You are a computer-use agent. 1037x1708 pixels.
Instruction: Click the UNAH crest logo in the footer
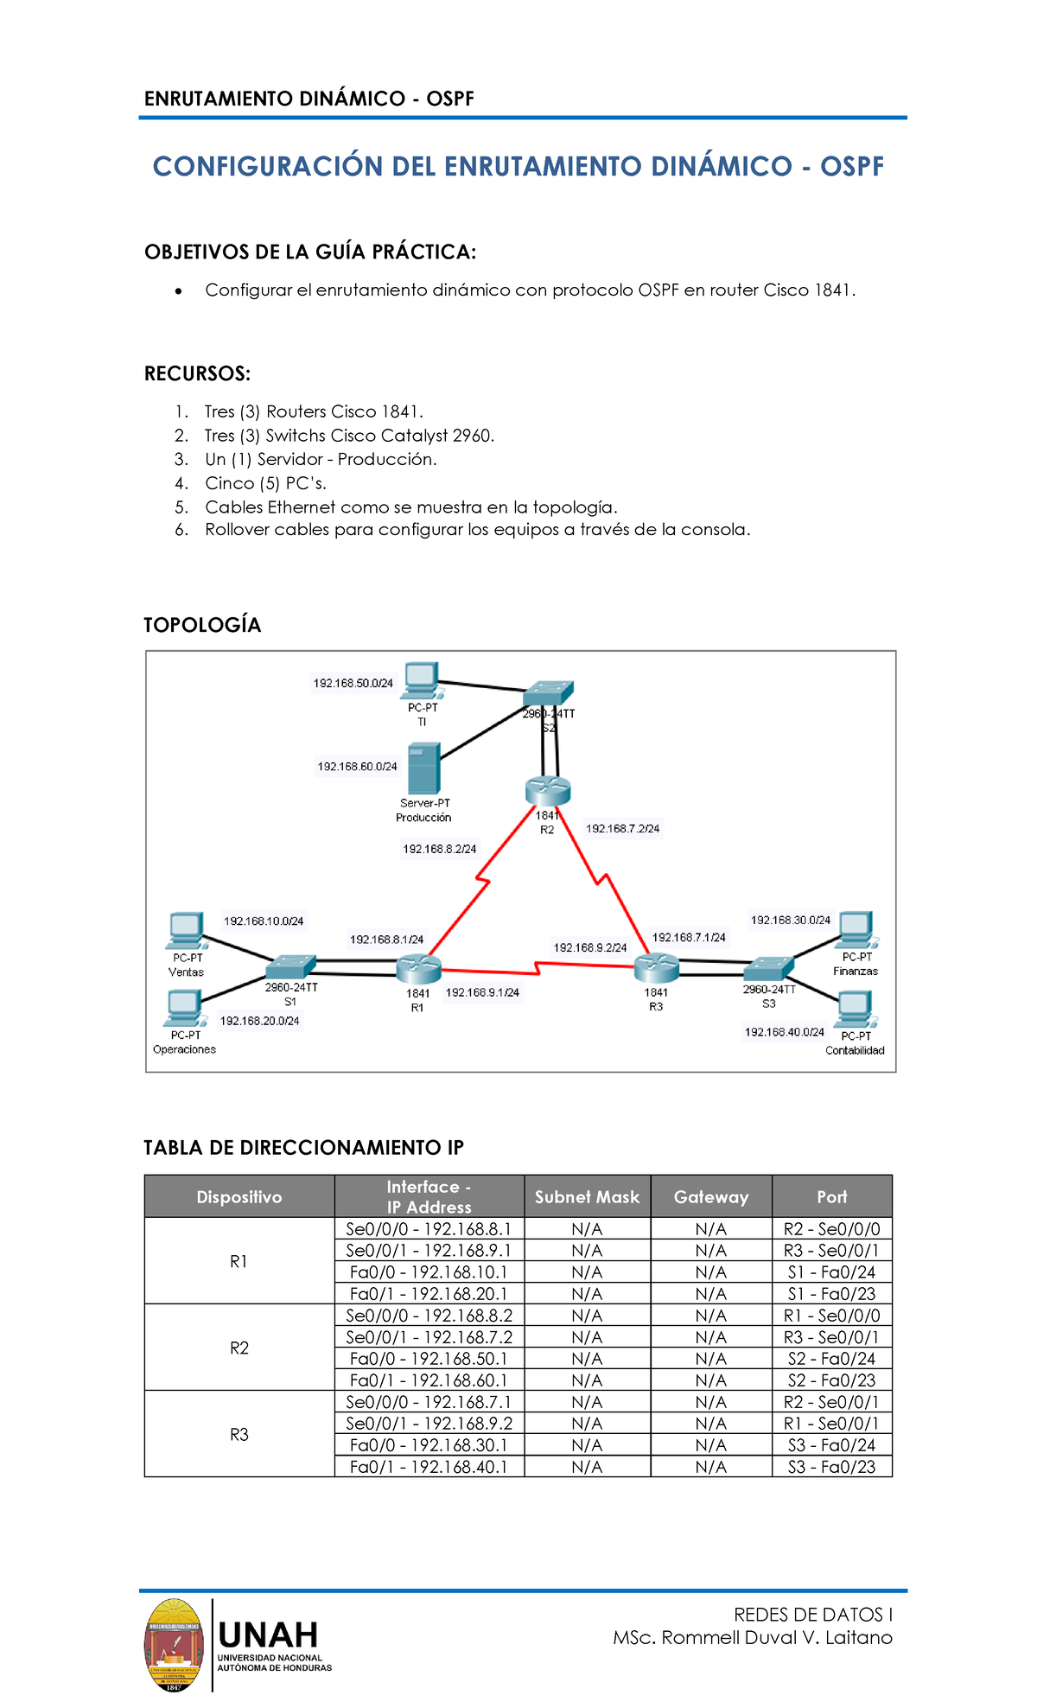click(174, 1644)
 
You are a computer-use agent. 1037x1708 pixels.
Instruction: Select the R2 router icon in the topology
click(547, 790)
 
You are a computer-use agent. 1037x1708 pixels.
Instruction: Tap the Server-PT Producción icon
click(423, 768)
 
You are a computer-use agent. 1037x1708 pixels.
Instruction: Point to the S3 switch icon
click(768, 968)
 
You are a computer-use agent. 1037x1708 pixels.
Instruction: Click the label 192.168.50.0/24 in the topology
click(353, 683)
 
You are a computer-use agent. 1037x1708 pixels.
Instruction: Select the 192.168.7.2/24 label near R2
click(622, 828)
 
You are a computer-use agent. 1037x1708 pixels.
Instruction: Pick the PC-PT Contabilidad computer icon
click(855, 1008)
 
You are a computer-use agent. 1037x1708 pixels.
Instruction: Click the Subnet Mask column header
click(587, 1196)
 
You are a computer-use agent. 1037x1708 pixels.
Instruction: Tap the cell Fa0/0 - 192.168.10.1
click(429, 1271)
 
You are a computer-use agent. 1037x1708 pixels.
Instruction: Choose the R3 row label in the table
click(239, 1434)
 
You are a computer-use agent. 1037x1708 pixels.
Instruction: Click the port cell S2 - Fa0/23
click(831, 1380)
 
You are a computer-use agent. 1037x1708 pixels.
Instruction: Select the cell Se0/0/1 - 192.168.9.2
click(429, 1423)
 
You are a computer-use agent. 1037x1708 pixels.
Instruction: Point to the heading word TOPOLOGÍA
click(202, 625)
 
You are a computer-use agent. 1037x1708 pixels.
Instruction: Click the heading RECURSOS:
click(197, 373)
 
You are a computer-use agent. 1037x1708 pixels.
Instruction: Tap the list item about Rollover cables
click(477, 529)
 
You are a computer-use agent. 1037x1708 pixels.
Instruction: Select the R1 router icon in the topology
click(418, 969)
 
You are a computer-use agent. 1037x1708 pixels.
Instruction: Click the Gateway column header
click(710, 1196)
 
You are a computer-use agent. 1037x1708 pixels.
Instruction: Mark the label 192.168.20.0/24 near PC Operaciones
click(259, 1021)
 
